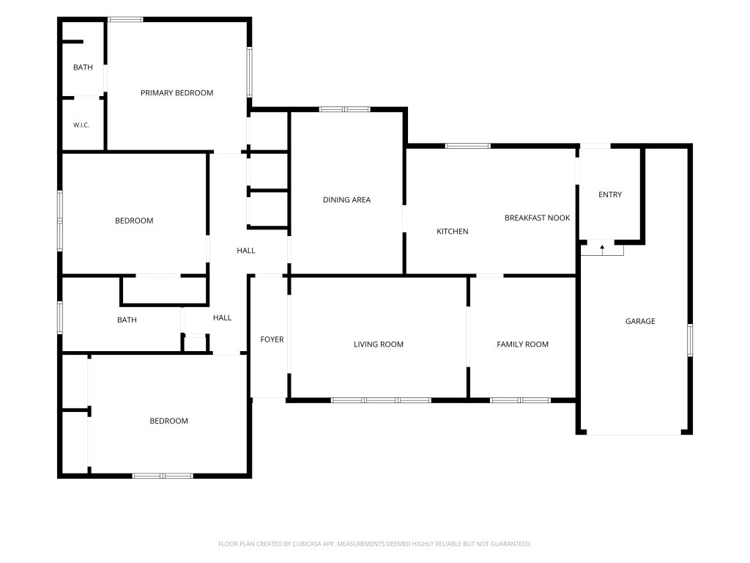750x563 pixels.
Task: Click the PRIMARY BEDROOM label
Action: point(177,93)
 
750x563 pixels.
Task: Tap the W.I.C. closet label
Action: point(81,125)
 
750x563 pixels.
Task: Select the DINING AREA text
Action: point(346,199)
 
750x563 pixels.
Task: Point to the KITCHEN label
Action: point(452,231)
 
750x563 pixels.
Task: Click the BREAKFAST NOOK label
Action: point(537,218)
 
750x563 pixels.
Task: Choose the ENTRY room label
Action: point(610,194)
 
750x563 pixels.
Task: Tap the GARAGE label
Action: point(640,321)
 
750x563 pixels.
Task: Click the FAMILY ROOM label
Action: point(522,345)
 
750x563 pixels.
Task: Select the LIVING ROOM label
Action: point(379,345)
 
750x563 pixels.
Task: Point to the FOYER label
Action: point(272,339)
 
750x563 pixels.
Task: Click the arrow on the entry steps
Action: point(602,249)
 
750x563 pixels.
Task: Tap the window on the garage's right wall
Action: point(690,340)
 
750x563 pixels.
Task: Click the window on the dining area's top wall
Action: point(344,109)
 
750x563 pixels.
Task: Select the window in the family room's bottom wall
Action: point(520,400)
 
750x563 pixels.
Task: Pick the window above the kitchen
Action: point(467,146)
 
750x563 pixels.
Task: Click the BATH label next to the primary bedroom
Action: point(83,67)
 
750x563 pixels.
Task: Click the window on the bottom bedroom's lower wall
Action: point(163,476)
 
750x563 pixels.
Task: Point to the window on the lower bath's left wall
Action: point(60,317)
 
